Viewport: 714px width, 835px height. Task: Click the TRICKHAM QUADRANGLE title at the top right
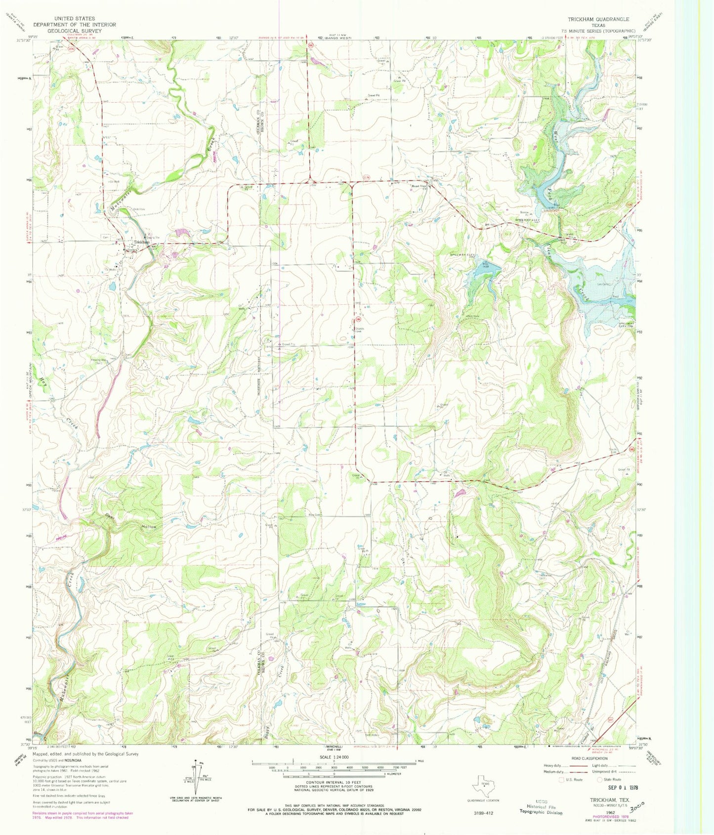tap(598, 19)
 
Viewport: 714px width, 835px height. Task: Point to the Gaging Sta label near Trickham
tap(154, 238)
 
